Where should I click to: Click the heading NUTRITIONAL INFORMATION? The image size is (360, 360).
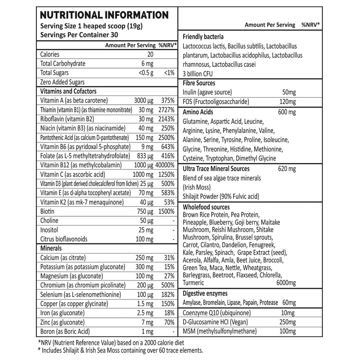click(x=104, y=15)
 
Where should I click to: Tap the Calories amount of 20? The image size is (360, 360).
click(x=150, y=54)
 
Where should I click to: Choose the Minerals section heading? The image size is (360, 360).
click(x=51, y=248)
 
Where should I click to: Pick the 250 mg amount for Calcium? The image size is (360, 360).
click(x=144, y=258)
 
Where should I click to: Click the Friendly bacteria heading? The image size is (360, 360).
click(x=203, y=37)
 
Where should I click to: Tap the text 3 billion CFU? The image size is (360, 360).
click(x=198, y=74)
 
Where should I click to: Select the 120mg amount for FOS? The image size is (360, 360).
click(x=289, y=102)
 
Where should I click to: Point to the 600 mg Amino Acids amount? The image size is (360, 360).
click(x=287, y=112)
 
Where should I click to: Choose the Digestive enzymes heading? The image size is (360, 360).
click(x=205, y=293)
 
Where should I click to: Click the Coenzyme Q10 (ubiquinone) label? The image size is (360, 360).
click(x=217, y=313)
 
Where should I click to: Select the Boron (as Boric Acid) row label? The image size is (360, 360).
click(x=65, y=331)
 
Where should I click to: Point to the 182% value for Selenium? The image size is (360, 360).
click(x=167, y=294)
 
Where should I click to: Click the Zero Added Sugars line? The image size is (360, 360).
click(x=63, y=82)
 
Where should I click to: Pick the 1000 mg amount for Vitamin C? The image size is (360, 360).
click(x=143, y=174)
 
